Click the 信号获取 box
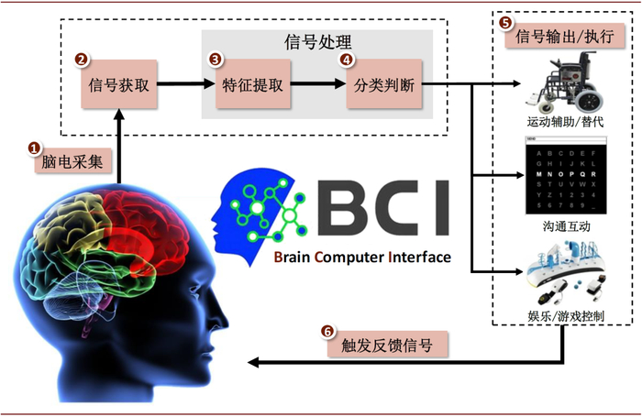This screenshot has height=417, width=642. point(120,87)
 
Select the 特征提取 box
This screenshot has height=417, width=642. point(252,87)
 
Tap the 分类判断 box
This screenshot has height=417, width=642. point(382,87)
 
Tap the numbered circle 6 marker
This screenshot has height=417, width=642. point(328,331)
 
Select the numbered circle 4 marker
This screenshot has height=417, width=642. point(346,59)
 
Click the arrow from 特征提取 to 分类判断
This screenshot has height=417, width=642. point(318,87)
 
